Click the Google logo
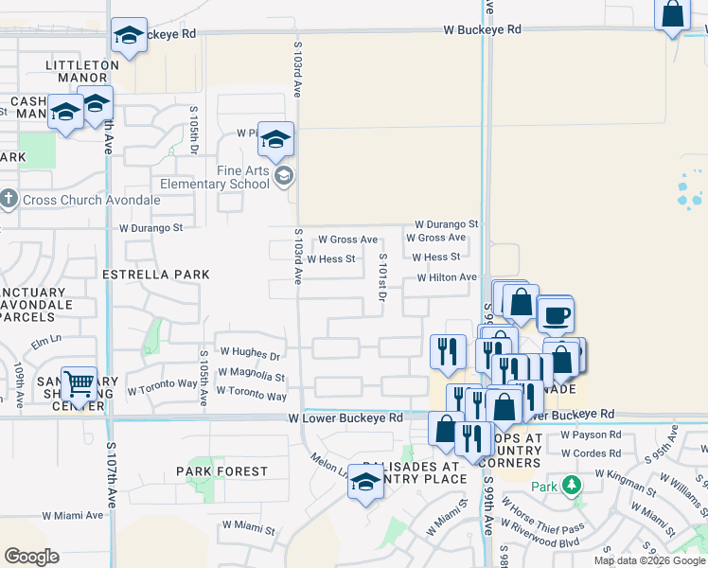pos(31,557)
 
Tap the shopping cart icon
pos(79,383)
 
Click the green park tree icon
pos(570,487)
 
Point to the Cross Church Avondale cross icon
pos(9,200)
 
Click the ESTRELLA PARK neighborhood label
pos(156,274)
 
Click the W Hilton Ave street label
pos(447,277)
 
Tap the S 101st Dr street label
pos(383,278)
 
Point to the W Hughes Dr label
pos(250,357)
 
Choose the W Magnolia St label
pos(253,377)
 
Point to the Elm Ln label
pos(46,340)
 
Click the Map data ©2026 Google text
pos(650,560)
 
